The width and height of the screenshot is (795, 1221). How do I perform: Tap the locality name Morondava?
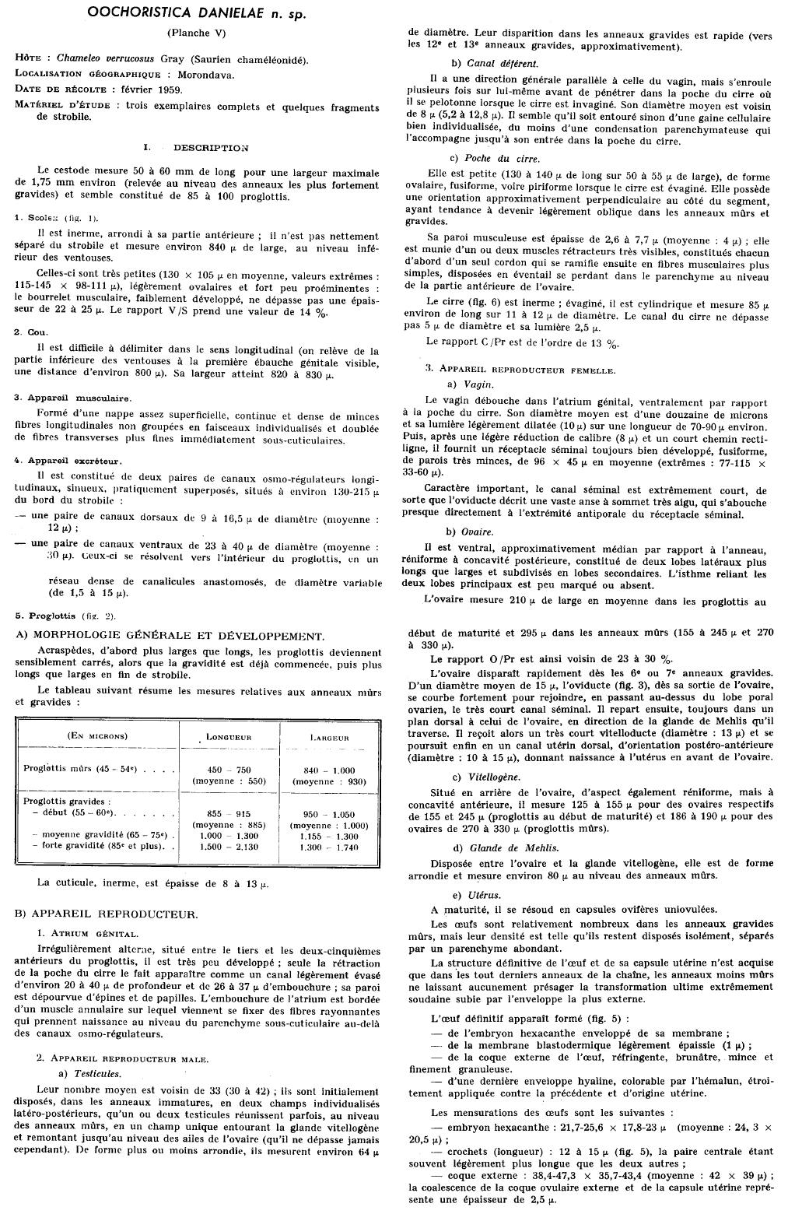(x=205, y=75)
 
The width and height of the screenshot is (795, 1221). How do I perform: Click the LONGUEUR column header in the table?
(x=228, y=736)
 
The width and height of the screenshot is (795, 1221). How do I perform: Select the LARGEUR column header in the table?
(x=330, y=736)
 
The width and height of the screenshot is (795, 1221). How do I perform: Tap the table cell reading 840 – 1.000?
(x=330, y=770)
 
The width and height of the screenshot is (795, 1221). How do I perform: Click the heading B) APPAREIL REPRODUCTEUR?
(x=107, y=914)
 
